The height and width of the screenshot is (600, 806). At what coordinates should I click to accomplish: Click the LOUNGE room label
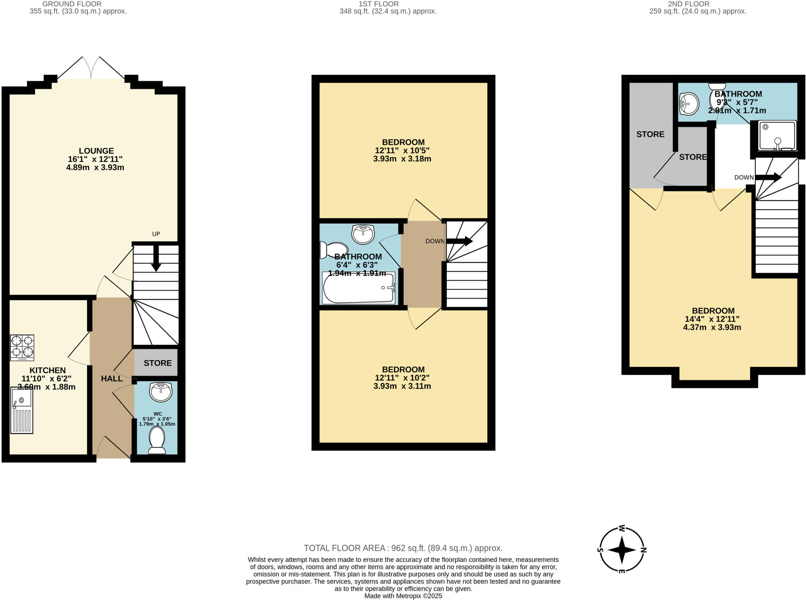96,151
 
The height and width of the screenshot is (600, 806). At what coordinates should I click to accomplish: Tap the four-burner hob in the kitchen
22,348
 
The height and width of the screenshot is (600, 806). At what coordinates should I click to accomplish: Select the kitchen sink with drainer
22,410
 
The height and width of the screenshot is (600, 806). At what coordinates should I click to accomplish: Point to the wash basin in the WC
161,392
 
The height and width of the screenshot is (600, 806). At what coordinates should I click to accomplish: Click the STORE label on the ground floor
157,363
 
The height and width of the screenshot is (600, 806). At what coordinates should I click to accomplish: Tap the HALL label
112,379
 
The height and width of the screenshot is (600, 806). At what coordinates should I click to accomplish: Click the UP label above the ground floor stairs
156,234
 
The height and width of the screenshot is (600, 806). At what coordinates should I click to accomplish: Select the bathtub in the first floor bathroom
358,288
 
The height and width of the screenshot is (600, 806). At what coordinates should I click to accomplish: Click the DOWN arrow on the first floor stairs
459,241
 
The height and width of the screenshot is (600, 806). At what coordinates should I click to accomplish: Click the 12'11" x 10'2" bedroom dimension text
402,378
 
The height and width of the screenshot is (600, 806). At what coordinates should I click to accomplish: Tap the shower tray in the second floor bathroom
777,136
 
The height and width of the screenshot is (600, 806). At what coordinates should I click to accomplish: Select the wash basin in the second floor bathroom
689,104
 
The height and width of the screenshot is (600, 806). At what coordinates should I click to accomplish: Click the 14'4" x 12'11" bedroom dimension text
712,319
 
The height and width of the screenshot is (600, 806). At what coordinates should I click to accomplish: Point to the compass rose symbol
622,550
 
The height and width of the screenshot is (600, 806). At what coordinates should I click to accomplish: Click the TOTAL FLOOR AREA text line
403,548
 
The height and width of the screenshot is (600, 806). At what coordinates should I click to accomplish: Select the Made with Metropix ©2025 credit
403,596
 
